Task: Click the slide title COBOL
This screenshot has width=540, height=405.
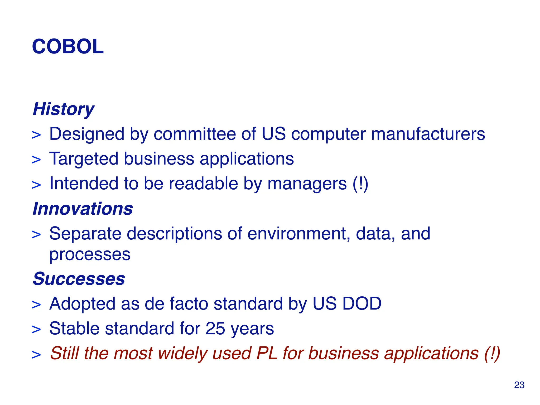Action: pos(68,47)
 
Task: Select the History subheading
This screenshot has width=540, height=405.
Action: pos(64,109)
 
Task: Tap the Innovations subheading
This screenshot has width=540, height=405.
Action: pos(83,209)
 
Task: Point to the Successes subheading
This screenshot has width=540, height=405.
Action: pos(79,279)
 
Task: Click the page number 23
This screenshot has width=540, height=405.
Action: pos(519,385)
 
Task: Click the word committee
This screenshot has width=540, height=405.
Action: pos(195,134)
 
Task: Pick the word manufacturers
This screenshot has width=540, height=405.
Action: pos(428,134)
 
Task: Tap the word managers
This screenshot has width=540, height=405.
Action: pos(307,184)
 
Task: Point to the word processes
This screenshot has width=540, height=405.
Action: pos(90,255)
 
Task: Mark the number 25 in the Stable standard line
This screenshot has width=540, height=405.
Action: pos(215,329)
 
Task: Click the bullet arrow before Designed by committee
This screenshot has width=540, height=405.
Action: pos(36,135)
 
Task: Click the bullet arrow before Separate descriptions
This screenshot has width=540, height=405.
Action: pos(36,235)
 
